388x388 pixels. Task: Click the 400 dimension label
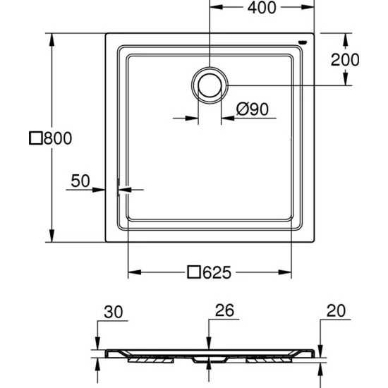(x=262, y=8)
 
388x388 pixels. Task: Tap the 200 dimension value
(x=345, y=60)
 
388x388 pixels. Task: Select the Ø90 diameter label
(x=252, y=109)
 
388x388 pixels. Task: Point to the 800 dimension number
(x=58, y=138)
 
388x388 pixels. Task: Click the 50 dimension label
(x=80, y=181)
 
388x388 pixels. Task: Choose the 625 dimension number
(x=217, y=272)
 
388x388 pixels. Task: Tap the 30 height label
(x=114, y=312)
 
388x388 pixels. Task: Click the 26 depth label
(x=224, y=310)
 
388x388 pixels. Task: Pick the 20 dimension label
(x=336, y=311)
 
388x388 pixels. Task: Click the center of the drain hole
(x=210, y=85)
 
